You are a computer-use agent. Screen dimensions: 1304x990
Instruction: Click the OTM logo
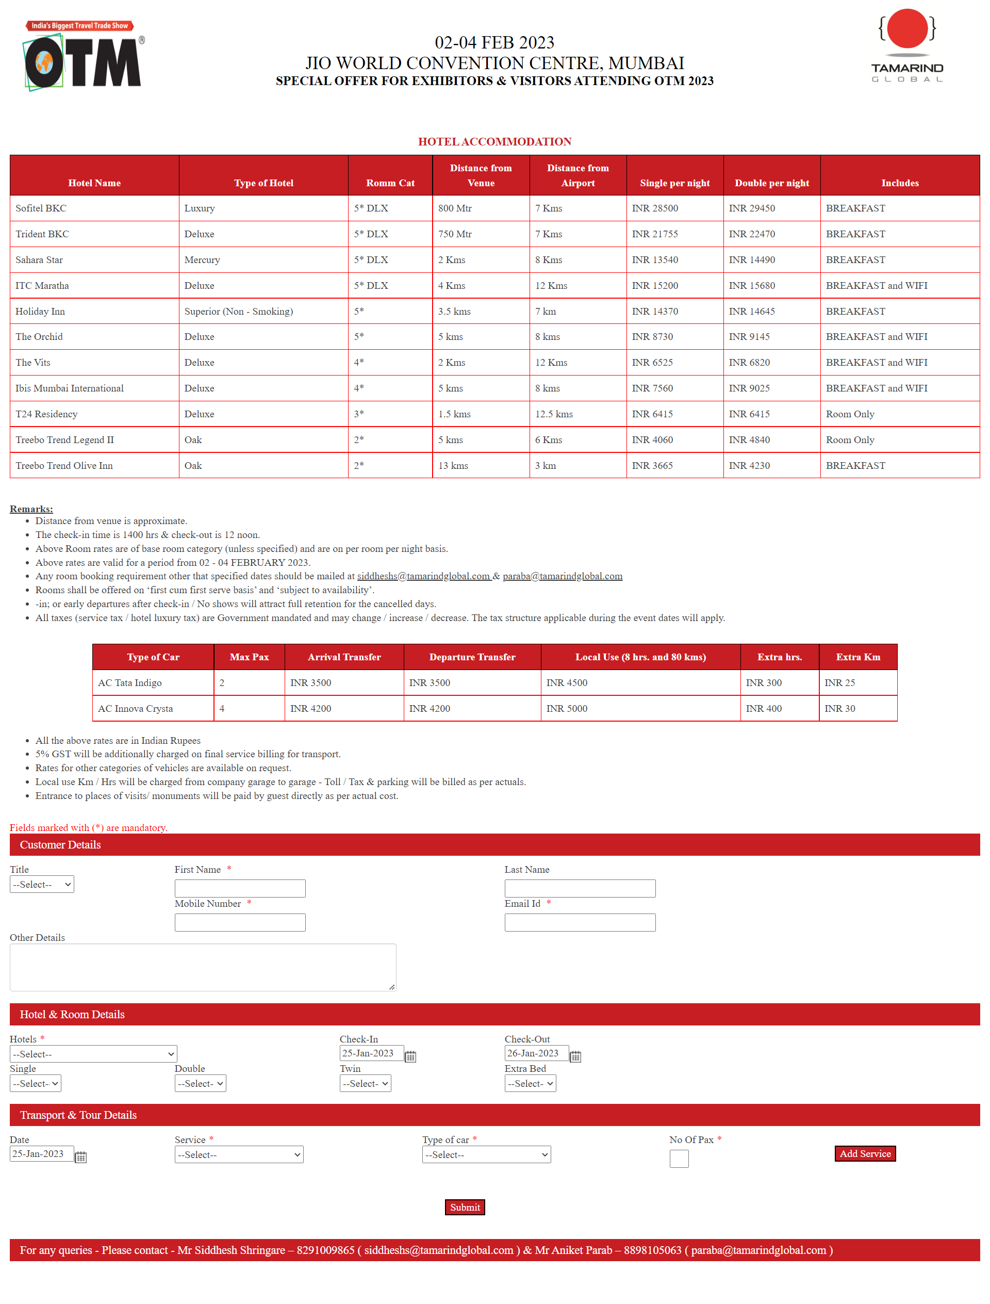tap(82, 57)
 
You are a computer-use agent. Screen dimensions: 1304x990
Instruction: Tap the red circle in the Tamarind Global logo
tap(907, 28)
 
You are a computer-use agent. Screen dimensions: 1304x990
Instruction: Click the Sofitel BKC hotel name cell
tap(41, 208)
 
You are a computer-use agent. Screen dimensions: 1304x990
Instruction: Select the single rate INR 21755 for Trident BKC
tap(655, 234)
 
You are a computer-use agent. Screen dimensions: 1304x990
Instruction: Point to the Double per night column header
tap(771, 183)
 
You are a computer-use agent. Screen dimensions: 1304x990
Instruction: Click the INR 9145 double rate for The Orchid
tap(749, 337)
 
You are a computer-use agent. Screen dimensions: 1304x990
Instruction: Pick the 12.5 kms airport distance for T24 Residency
tap(553, 414)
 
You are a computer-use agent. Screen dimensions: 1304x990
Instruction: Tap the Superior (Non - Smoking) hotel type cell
tap(239, 311)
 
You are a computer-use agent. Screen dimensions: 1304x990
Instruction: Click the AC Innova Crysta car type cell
tap(136, 709)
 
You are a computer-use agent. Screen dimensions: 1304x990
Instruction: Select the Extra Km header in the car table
tap(857, 657)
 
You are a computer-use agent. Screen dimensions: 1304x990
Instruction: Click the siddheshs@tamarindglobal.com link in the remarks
tap(423, 576)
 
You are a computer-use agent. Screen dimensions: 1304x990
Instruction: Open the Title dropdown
tap(42, 884)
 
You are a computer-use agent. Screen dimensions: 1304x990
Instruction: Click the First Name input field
tap(240, 888)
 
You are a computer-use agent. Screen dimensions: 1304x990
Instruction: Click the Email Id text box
tap(580, 923)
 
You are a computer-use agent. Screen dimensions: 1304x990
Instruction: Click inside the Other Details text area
tap(203, 967)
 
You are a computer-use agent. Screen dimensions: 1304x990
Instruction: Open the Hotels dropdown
tap(93, 1054)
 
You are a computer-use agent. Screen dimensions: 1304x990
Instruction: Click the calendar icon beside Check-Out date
tap(575, 1056)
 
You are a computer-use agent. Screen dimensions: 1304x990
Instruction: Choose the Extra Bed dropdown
tap(530, 1084)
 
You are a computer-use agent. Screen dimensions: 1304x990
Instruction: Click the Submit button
tap(465, 1208)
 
